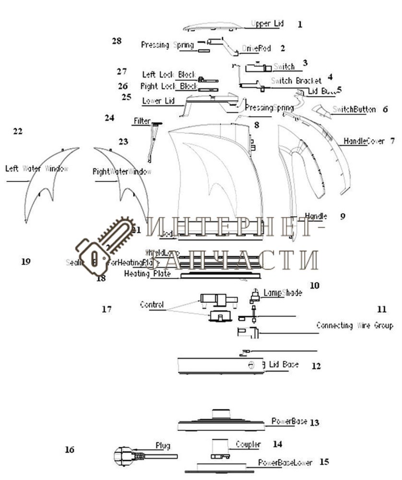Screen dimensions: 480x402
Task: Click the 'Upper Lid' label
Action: (267, 24)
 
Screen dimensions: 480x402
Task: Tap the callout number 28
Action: (117, 41)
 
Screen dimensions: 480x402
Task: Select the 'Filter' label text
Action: (142, 121)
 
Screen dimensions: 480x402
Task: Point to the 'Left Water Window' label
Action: (37, 169)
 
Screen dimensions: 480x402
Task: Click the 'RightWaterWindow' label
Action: (122, 171)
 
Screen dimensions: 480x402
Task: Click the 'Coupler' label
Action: (248, 444)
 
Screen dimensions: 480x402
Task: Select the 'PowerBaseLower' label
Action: (285, 463)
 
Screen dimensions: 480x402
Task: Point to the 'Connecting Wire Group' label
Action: (355, 325)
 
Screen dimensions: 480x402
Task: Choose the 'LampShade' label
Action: (283, 293)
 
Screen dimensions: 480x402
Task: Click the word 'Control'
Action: (152, 304)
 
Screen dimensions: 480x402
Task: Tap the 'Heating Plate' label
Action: (144, 274)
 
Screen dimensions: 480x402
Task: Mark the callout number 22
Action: (18, 131)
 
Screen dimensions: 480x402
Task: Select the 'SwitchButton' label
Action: (354, 109)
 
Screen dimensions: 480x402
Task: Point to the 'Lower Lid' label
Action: (158, 101)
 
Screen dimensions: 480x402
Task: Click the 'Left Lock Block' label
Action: (169, 74)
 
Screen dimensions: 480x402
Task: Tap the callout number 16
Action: (70, 450)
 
